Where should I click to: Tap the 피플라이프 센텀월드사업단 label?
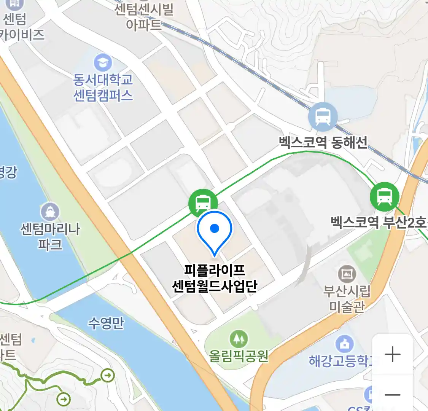[x=215, y=278]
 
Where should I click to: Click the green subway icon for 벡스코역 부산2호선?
[x=384, y=196]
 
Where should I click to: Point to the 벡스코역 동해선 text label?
[x=323, y=142]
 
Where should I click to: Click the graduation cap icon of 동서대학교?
[x=103, y=62]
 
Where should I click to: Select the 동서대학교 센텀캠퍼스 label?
[x=103, y=88]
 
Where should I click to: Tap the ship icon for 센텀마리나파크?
[x=50, y=212]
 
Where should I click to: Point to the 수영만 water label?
[x=106, y=323]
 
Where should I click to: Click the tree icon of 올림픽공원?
[x=239, y=338]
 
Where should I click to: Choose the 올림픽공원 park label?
[x=239, y=356]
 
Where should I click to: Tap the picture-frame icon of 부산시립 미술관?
[x=347, y=274]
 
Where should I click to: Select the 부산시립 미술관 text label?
[x=347, y=299]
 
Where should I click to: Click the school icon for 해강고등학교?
[x=345, y=344]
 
